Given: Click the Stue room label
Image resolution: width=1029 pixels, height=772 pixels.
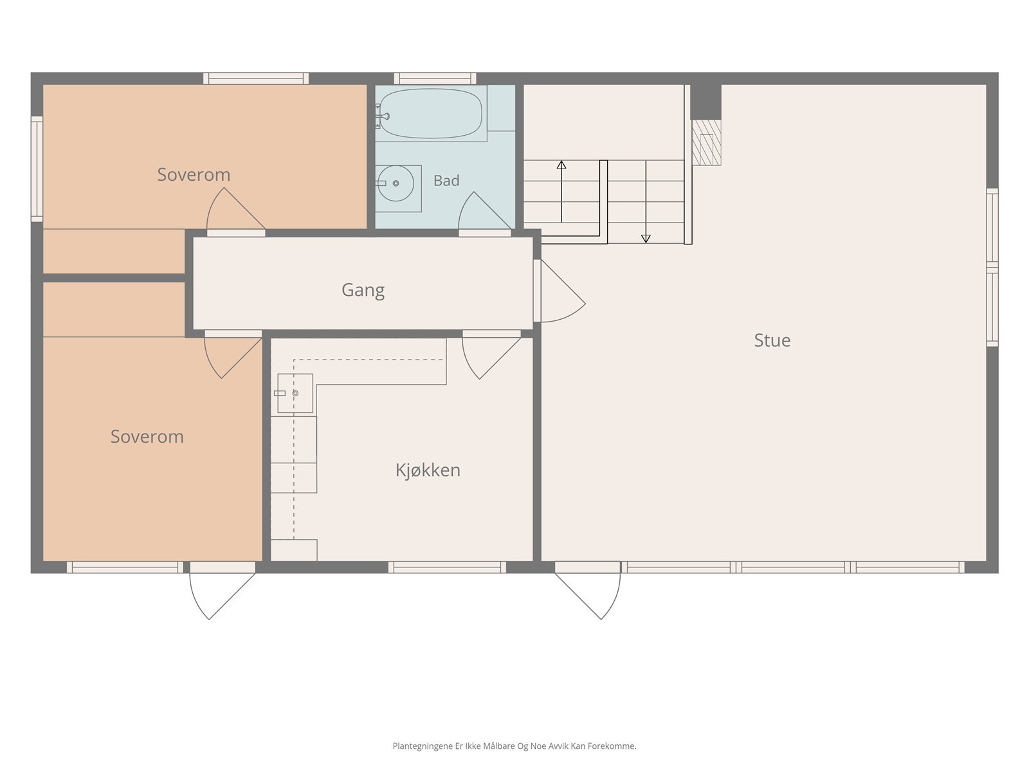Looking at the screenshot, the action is (772, 340).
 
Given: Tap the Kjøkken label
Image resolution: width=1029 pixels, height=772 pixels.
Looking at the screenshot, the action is (428, 470).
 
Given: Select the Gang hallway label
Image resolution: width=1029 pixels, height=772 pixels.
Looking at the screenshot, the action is (363, 290).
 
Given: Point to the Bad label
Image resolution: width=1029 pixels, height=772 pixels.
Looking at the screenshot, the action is (446, 181).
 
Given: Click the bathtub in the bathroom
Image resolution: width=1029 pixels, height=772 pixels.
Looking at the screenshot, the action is (430, 113).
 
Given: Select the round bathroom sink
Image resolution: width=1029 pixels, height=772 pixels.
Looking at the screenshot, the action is (396, 183).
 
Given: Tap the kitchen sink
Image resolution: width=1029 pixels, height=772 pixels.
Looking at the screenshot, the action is (295, 393).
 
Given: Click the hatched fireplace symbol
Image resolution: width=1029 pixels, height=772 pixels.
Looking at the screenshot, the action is (706, 142).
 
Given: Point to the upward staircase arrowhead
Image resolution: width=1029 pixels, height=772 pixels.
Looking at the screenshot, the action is (561, 165).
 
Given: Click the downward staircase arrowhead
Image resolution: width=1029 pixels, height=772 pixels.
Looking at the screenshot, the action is (646, 239).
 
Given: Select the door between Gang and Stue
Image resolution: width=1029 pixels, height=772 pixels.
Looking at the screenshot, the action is (560, 291).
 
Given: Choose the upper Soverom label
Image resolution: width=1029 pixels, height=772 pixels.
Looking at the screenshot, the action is (194, 175).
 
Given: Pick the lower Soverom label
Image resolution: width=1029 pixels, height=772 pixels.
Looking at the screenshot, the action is (147, 437).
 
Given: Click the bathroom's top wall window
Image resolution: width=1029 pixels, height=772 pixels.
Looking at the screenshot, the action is (435, 78).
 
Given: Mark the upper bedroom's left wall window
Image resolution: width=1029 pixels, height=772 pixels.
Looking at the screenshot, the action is (37, 169).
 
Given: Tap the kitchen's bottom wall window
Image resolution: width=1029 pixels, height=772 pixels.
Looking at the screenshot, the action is (447, 567).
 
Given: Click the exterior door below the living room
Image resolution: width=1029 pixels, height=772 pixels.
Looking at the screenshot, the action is (588, 590).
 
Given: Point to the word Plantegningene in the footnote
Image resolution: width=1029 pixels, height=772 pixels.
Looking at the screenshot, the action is (423, 746).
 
